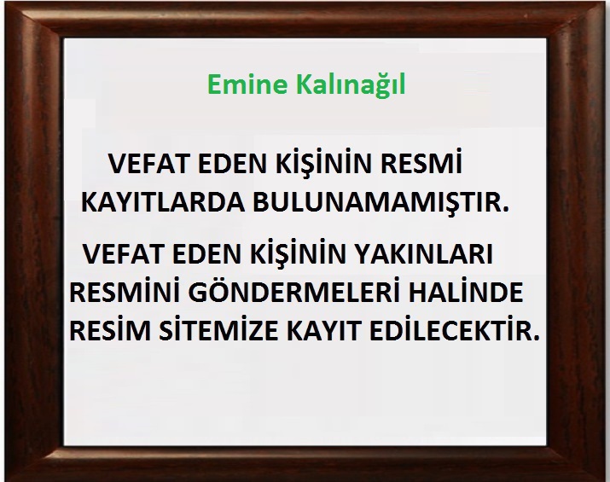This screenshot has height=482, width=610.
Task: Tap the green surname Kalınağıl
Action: (351, 84)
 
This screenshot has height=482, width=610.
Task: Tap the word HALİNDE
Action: (465, 292)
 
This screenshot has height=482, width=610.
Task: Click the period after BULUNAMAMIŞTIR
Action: (505, 209)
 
